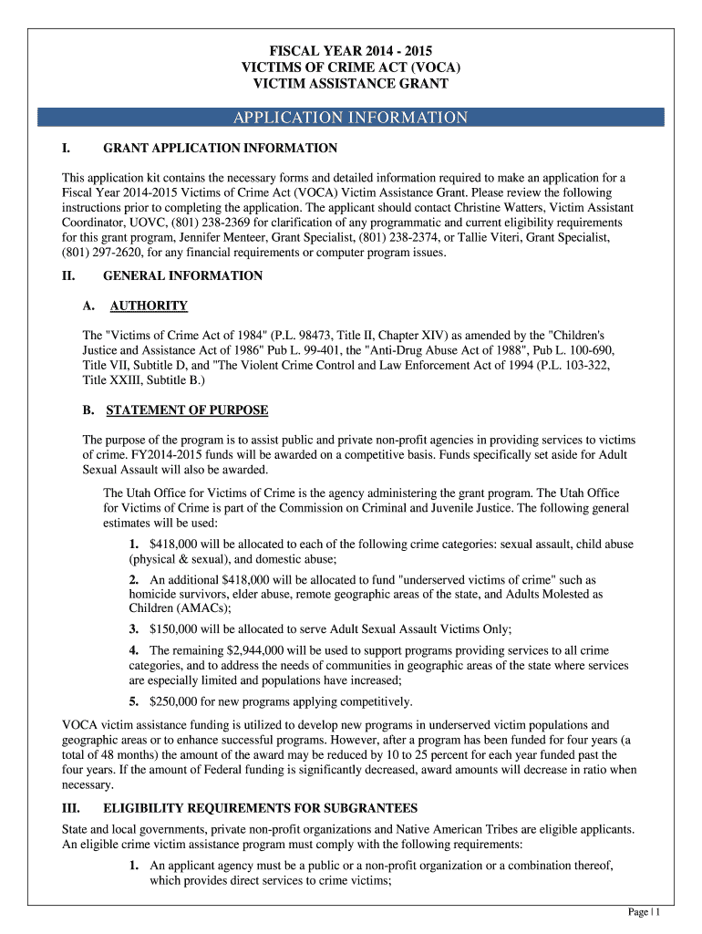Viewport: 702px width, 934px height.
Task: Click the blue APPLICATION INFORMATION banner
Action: tap(350, 118)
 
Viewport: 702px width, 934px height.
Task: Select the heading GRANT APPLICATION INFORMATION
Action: tap(221, 148)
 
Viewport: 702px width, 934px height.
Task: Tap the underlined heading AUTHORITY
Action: tap(149, 306)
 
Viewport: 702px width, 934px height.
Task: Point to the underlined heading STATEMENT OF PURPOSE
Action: tap(187, 410)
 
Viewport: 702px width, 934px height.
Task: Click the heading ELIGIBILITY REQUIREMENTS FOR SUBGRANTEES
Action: tap(261, 808)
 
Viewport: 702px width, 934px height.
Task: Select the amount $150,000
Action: tap(179, 628)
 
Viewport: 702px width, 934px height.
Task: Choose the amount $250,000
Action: tap(179, 701)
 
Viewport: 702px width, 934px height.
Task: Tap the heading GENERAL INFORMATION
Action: tap(183, 275)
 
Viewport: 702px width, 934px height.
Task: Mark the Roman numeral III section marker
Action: tap(71, 808)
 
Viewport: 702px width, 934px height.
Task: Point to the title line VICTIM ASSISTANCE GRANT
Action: tap(350, 84)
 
